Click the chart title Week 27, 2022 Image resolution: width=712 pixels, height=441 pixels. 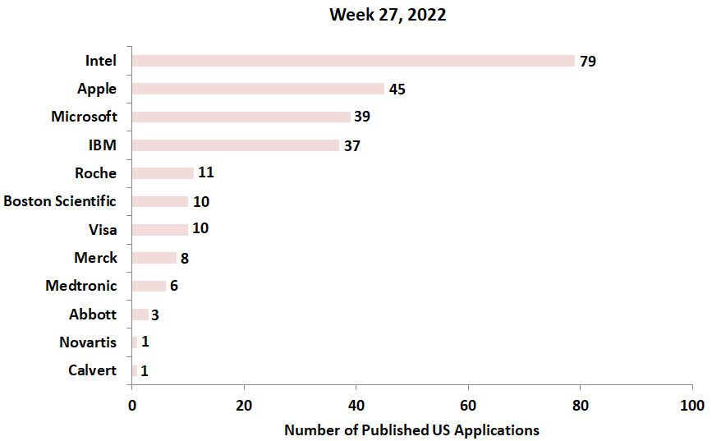pos(388,15)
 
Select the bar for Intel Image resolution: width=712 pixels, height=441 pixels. pos(353,61)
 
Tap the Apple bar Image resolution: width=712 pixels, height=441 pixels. pos(258,89)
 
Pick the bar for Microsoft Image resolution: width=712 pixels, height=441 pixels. pos(241,117)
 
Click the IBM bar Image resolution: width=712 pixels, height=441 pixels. pos(235,145)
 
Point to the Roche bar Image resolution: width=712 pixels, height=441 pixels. pos(163,173)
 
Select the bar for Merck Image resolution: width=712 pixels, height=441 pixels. pos(154,258)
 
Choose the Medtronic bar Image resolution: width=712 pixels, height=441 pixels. pos(149,286)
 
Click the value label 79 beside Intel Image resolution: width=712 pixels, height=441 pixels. pos(587,62)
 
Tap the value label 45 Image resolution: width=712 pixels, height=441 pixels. pos(397,90)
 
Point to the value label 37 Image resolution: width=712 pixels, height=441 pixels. pos(351,146)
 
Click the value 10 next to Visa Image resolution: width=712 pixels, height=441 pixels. pos(200,228)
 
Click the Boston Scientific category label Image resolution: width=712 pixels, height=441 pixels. pos(60,201)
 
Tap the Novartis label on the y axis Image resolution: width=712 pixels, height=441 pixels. pos(88,342)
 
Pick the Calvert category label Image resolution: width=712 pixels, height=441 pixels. pos(92,370)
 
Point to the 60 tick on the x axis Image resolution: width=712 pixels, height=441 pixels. pos(468,406)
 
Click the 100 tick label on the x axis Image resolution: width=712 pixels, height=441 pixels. pos(691,406)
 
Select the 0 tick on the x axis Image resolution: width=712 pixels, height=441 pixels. pos(132,406)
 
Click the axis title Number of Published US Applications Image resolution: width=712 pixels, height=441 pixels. pos(411,430)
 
